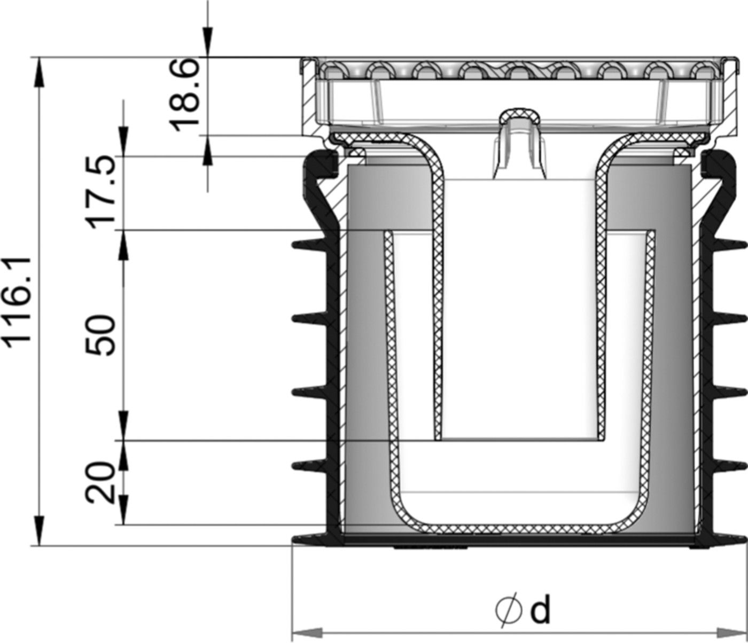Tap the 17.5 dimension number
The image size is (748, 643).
[101, 191]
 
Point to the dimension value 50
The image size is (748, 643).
[101, 335]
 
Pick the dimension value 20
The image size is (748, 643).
[101, 483]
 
